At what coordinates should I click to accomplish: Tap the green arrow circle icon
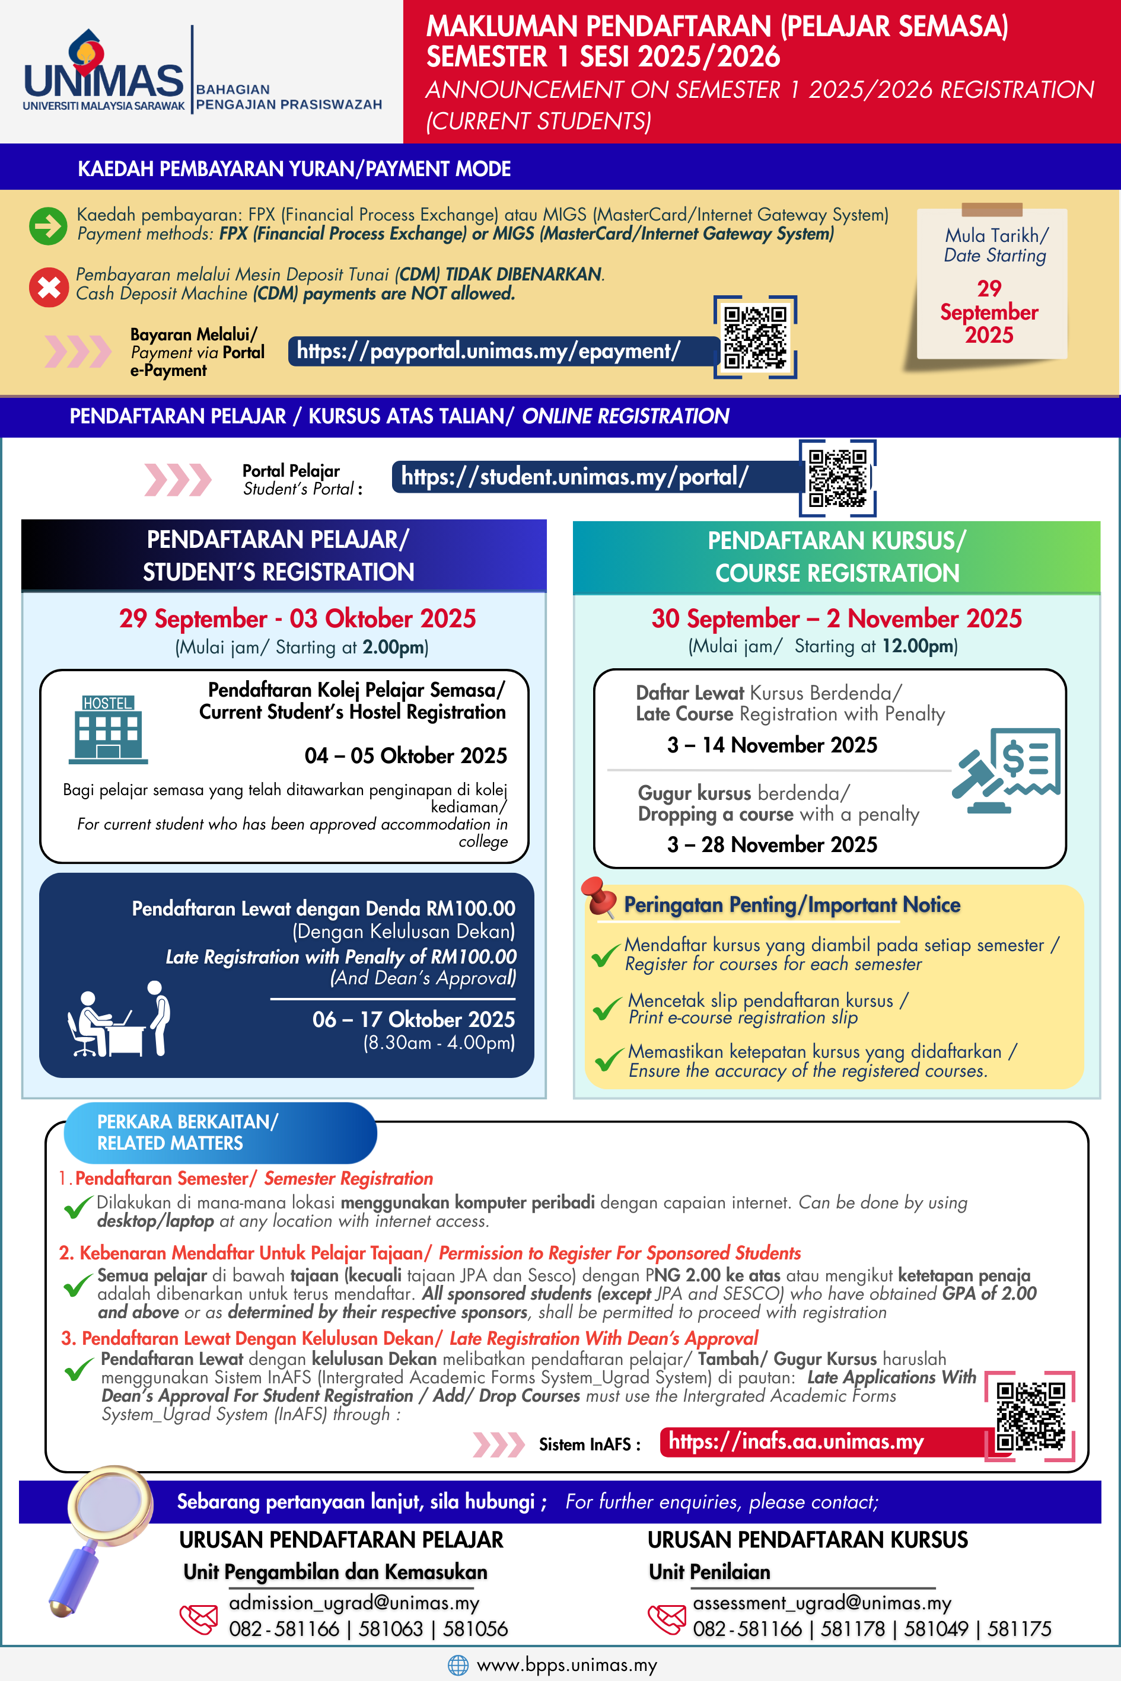48,226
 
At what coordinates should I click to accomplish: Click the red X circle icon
48,286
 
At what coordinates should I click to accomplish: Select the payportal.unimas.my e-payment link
488,351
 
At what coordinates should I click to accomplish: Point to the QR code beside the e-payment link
755,337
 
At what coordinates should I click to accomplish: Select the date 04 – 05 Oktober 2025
405,755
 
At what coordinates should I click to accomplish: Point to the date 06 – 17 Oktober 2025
413,1019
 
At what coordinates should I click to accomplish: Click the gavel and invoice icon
1006,770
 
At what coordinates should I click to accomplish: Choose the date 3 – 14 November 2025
772,745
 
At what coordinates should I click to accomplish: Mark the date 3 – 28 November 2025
772,844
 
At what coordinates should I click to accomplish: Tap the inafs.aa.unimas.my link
796,1441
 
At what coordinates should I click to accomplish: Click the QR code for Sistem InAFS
1030,1416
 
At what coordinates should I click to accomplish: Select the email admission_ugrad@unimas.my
354,1603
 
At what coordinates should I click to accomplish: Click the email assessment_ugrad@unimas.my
821,1603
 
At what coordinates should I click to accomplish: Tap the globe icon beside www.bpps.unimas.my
457,1665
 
